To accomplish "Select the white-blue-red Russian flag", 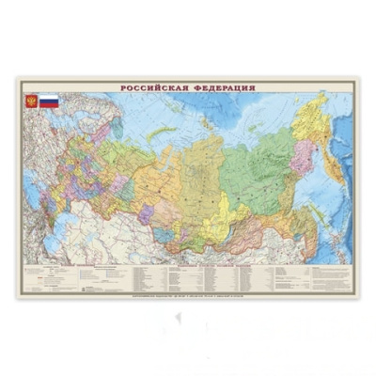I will pyautogui.click(x=49, y=100).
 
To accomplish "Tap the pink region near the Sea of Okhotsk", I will pyautogui.click(x=303, y=155).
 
